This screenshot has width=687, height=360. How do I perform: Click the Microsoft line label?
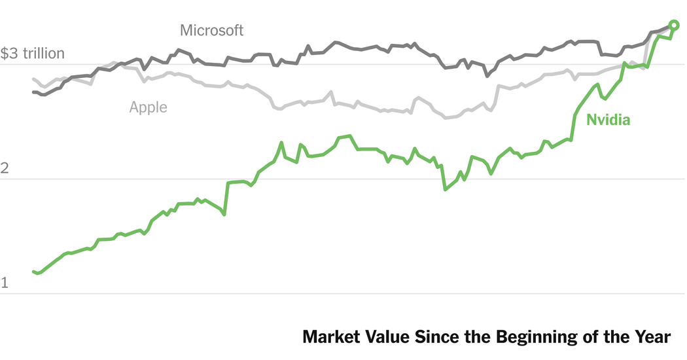click(x=211, y=30)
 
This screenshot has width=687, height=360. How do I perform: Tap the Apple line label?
click(x=148, y=107)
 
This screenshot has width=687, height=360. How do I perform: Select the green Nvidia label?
click(x=608, y=120)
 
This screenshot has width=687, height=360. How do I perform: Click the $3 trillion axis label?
click(x=33, y=53)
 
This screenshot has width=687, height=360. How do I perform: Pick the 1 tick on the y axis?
click(x=4, y=283)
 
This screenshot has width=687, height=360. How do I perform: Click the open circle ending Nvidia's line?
click(x=675, y=26)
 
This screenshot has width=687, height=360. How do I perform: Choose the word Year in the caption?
click(x=653, y=338)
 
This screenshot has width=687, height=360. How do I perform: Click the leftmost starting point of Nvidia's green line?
click(x=33, y=272)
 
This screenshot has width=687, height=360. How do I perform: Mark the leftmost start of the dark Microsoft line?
click(x=33, y=92)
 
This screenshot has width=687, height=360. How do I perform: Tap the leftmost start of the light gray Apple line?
click(x=33, y=79)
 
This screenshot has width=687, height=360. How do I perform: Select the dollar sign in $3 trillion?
click(x=4, y=53)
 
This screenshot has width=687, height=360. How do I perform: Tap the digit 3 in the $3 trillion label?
click(x=13, y=53)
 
